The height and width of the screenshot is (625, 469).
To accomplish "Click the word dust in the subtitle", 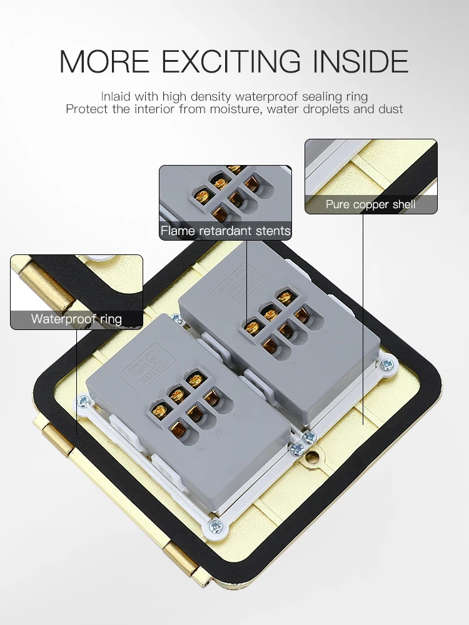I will click(x=391, y=109).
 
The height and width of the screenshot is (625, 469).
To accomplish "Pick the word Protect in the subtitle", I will click(x=86, y=109).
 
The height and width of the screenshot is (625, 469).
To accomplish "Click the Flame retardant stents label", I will click(x=225, y=231).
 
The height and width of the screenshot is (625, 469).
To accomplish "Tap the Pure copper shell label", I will click(x=370, y=204).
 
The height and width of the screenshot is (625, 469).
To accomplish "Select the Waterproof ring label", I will click(x=76, y=319).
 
